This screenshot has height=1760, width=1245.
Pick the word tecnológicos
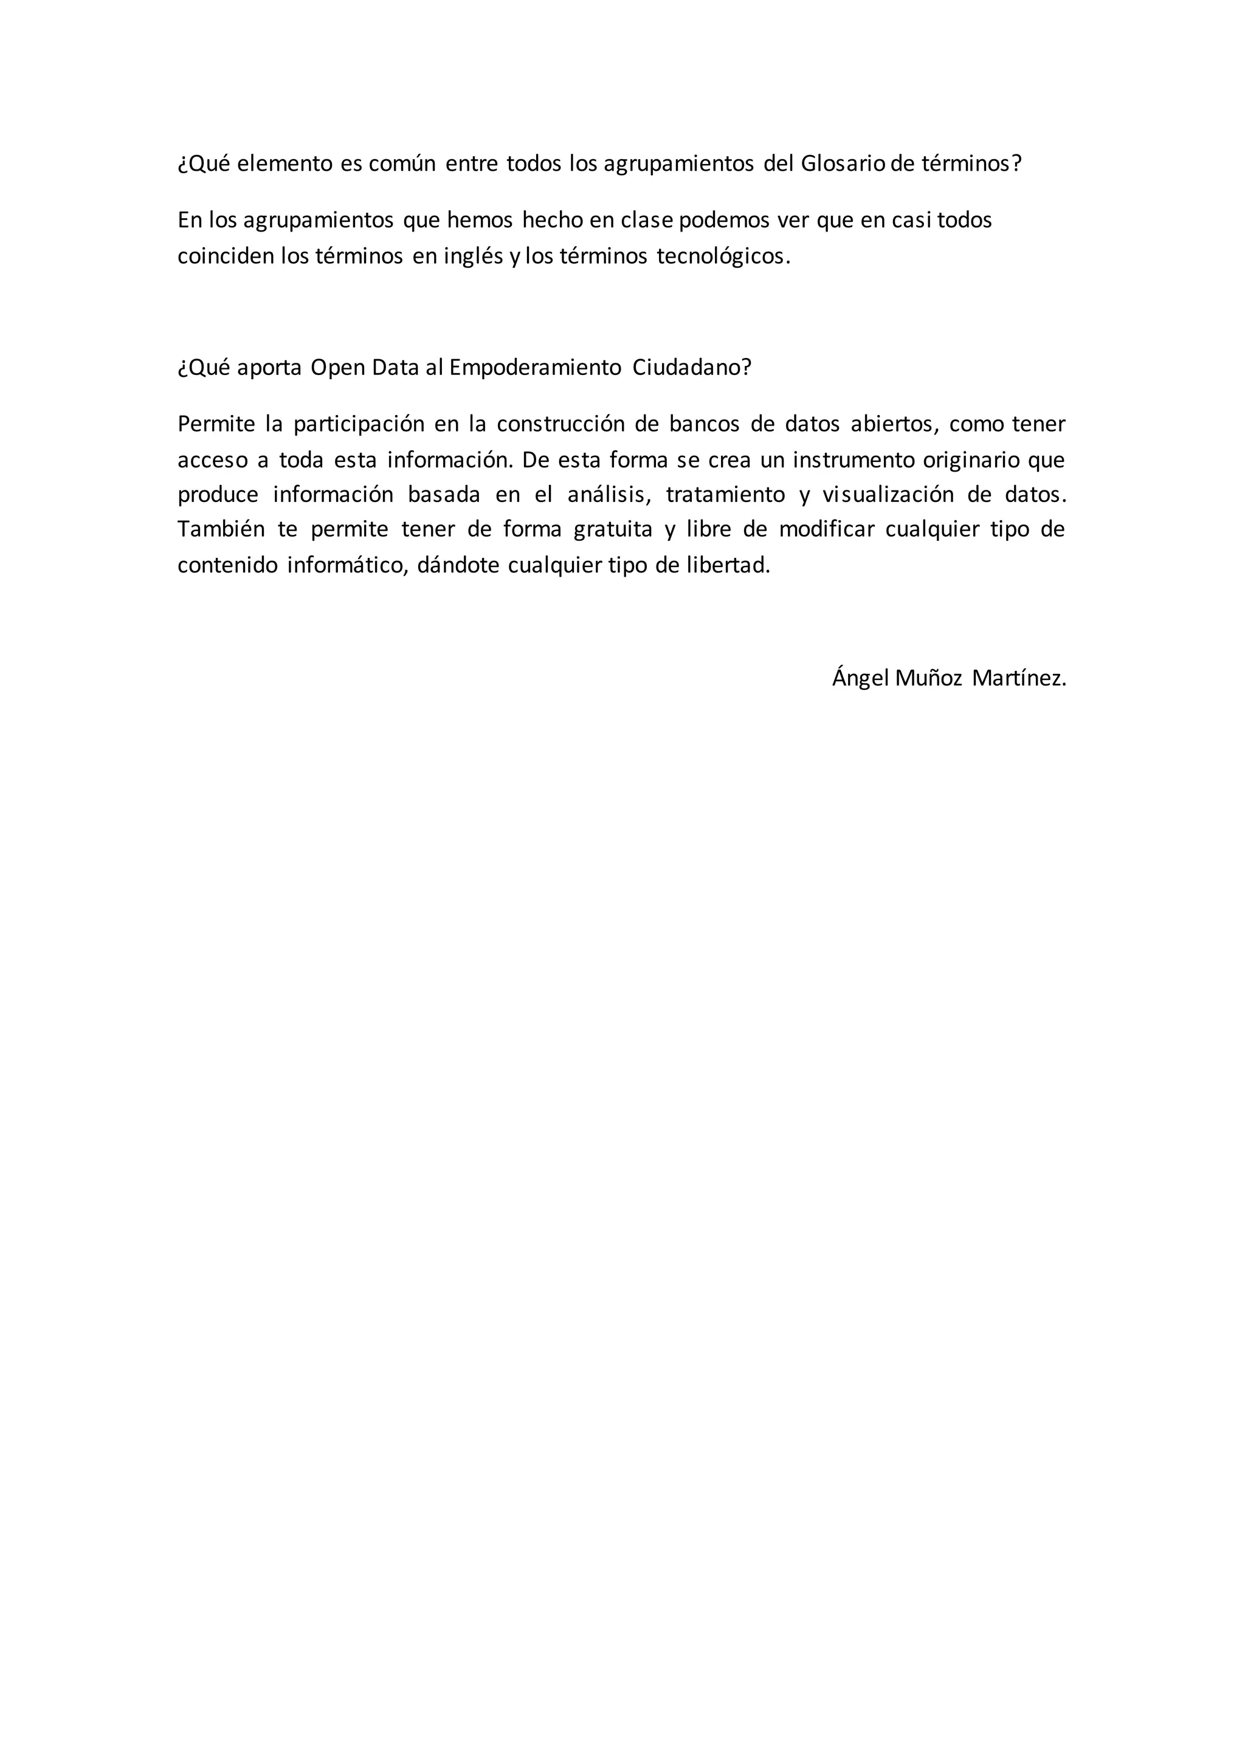point(723,256)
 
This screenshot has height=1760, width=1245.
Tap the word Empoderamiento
point(535,368)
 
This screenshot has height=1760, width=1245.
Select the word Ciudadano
point(691,368)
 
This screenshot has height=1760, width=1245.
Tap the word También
point(221,530)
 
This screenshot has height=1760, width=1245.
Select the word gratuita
point(611,530)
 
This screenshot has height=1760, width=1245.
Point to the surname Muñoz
point(928,678)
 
